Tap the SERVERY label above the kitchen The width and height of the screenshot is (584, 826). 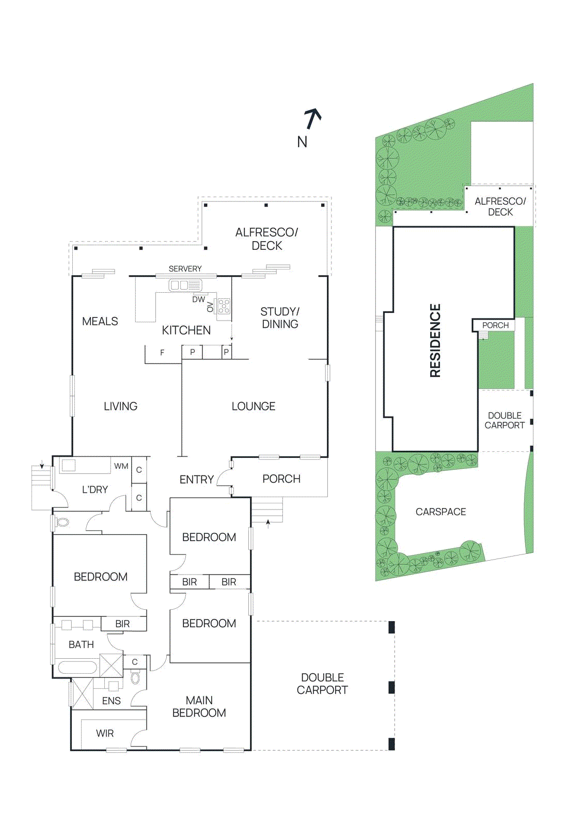[x=185, y=269]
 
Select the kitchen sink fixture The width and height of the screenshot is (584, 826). [x=185, y=285]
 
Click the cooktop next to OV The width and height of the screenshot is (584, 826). [x=224, y=306]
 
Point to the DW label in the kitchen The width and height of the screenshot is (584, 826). [x=198, y=299]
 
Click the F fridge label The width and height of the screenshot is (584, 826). [x=162, y=353]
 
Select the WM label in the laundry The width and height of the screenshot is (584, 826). [x=121, y=466]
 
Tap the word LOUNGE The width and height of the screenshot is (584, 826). [x=253, y=407]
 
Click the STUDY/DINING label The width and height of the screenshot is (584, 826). [x=280, y=318]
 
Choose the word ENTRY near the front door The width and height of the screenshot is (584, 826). [x=196, y=480]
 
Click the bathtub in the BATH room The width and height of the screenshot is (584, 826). [x=77, y=668]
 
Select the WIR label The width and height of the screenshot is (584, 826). [x=105, y=734]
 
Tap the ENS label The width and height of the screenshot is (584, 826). [x=111, y=701]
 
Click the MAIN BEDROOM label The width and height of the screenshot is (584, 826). [x=199, y=707]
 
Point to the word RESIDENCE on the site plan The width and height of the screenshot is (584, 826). [x=435, y=341]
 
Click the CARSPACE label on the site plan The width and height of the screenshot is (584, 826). [x=440, y=512]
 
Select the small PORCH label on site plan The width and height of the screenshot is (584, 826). [x=495, y=325]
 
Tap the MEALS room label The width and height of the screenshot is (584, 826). [x=100, y=322]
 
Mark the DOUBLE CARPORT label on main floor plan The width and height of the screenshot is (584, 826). [x=322, y=684]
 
